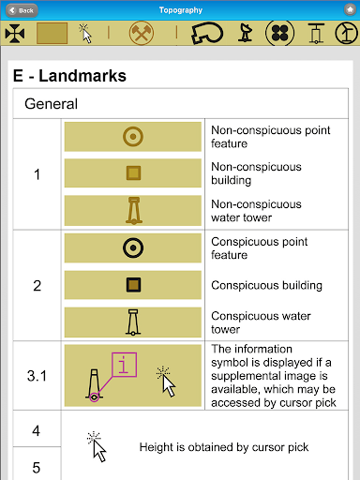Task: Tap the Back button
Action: [22, 10]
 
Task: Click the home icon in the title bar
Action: [350, 10]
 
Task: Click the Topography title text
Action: [181, 10]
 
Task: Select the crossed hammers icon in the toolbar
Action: [142, 33]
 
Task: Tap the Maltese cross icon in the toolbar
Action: [15, 34]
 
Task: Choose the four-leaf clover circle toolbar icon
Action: [279, 33]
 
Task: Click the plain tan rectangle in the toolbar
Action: [52, 33]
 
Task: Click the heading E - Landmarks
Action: [69, 76]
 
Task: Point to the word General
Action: [51, 104]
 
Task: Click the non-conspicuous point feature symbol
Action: [133, 137]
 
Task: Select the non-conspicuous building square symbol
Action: [133, 172]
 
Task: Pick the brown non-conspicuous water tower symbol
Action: [134, 211]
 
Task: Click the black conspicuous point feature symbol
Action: [133, 247]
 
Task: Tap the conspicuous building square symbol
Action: [133, 285]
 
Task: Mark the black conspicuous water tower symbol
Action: [133, 322]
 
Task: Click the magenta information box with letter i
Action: [124, 365]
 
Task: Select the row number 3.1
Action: [37, 376]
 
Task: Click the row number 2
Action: [37, 286]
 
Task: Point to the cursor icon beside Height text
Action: [97, 447]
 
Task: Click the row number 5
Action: [37, 468]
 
